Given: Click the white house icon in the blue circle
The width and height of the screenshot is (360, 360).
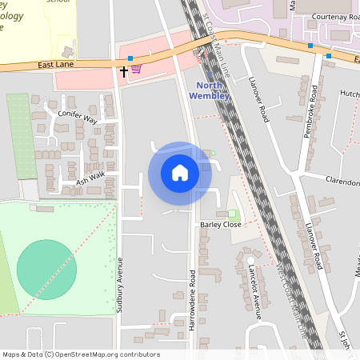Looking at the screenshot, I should (180, 172).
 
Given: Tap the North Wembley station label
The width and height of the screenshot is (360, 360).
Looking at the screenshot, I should (209, 91).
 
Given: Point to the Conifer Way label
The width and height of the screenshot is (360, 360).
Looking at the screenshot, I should (77, 117).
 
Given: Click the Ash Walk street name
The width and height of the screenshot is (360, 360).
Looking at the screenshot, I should (90, 181).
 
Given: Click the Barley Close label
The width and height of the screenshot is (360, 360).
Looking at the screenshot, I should (221, 226).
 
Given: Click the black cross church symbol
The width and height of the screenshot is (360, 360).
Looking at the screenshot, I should (124, 71).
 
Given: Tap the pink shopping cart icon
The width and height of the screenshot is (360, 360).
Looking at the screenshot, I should (136, 70).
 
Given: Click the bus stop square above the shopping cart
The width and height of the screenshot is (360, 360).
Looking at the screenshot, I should (130, 58).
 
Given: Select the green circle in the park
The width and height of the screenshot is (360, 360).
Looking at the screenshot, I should (47, 269).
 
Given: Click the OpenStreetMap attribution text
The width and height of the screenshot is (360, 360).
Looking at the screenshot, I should (80, 354).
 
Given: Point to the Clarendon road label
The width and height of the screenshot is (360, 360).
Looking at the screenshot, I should (342, 182).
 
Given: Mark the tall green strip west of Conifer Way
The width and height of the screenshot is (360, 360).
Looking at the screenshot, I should (22, 136).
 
